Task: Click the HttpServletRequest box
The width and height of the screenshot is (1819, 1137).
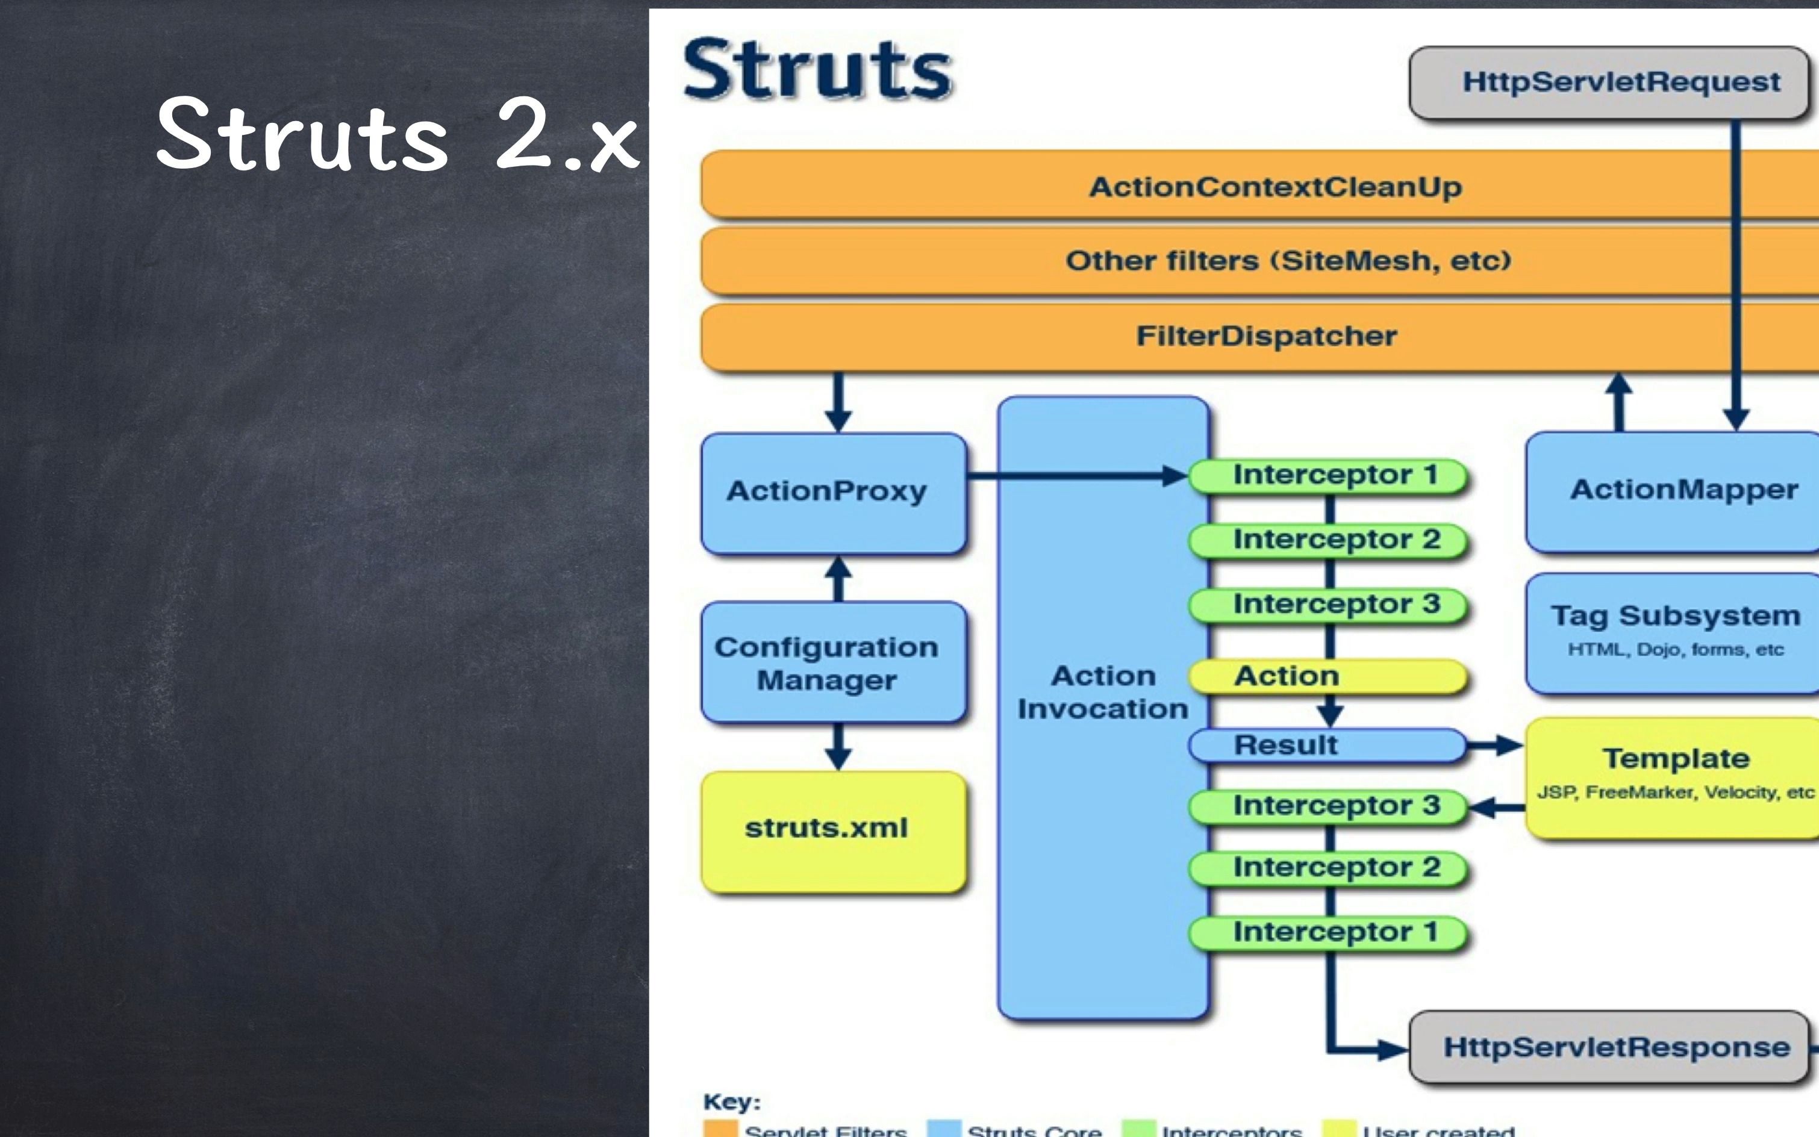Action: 1609,83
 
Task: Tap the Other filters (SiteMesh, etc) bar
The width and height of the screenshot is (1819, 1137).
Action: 1287,261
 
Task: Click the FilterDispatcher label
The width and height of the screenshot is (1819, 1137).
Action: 1266,335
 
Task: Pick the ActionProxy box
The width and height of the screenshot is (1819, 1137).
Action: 833,493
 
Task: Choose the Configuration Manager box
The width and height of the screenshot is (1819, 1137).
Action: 833,662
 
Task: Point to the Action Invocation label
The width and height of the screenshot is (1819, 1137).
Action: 1102,692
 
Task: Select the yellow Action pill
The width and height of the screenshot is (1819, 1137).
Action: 1328,676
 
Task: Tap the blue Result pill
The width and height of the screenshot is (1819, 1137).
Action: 1328,745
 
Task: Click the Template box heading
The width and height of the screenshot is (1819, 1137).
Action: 1676,758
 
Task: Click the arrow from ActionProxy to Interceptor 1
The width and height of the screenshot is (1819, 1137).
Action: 1075,475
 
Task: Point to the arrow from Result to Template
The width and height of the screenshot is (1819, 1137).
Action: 1495,745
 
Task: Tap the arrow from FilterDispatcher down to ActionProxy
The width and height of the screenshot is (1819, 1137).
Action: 838,402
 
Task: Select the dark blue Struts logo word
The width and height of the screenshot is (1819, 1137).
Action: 817,70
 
